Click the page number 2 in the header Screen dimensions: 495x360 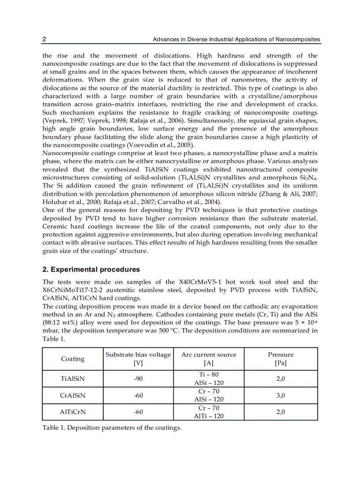(x=44, y=40)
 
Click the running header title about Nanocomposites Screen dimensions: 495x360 (x=236, y=40)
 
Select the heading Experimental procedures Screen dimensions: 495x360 (x=91, y=269)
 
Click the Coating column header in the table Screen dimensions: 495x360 (x=73, y=359)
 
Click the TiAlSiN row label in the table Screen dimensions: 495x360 (x=73, y=379)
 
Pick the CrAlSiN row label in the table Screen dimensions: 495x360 (x=73, y=395)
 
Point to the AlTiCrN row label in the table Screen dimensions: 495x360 (x=73, y=412)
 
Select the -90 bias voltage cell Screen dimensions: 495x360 (x=139, y=379)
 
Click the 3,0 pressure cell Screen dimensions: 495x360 (x=281, y=395)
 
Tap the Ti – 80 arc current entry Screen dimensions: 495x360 (x=209, y=374)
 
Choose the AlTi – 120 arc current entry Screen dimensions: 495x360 (x=209, y=416)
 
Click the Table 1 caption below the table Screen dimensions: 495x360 (x=112, y=428)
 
